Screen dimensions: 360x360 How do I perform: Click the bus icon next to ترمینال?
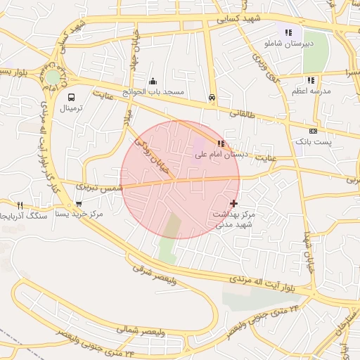tap(71, 98)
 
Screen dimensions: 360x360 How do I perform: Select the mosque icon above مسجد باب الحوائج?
tap(153, 81)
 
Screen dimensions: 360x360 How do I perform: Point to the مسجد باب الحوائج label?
tap(154, 92)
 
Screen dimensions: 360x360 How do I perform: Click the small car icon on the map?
tap(212, 98)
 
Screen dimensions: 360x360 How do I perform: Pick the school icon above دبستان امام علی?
tap(221, 143)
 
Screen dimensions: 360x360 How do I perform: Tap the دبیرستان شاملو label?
tap(288, 44)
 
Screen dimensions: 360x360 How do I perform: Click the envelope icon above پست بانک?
tap(313, 131)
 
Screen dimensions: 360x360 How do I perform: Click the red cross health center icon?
tap(233, 202)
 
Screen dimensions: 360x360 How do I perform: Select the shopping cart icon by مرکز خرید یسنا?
tap(78, 204)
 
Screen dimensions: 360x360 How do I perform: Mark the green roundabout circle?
tap(53, 77)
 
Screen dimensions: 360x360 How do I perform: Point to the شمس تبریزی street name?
tap(99, 188)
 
